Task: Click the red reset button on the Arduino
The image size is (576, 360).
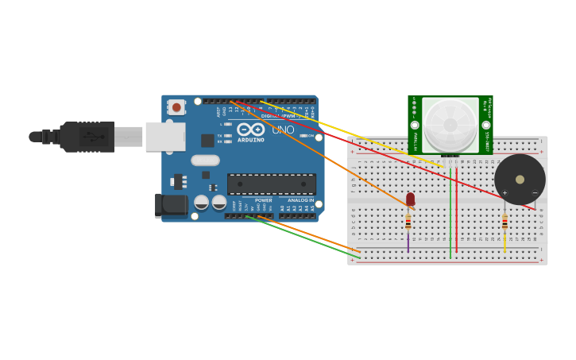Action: click(x=176, y=106)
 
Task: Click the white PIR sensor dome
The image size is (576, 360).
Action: click(x=450, y=124)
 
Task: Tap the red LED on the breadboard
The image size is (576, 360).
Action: click(x=410, y=199)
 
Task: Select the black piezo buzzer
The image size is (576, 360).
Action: click(x=520, y=179)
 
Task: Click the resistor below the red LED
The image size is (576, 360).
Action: click(x=408, y=222)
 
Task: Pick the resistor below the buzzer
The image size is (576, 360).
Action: click(x=504, y=222)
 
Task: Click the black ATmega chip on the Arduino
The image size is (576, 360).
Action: click(x=271, y=184)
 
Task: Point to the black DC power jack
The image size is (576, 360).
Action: click(x=171, y=206)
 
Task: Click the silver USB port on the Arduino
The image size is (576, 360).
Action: click(x=165, y=137)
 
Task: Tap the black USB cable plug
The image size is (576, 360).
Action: click(x=87, y=137)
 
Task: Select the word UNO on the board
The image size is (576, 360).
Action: click(x=283, y=130)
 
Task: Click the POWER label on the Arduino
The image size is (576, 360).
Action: click(x=263, y=200)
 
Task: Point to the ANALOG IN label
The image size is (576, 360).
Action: click(x=300, y=200)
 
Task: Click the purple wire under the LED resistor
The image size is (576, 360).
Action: click(x=408, y=242)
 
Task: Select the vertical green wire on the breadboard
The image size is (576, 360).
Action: click(x=450, y=215)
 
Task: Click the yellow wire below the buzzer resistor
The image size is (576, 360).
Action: click(x=504, y=242)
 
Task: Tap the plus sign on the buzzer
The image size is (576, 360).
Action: click(x=504, y=192)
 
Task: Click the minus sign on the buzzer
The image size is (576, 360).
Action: click(x=534, y=192)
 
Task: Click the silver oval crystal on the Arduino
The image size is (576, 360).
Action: click(x=205, y=161)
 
